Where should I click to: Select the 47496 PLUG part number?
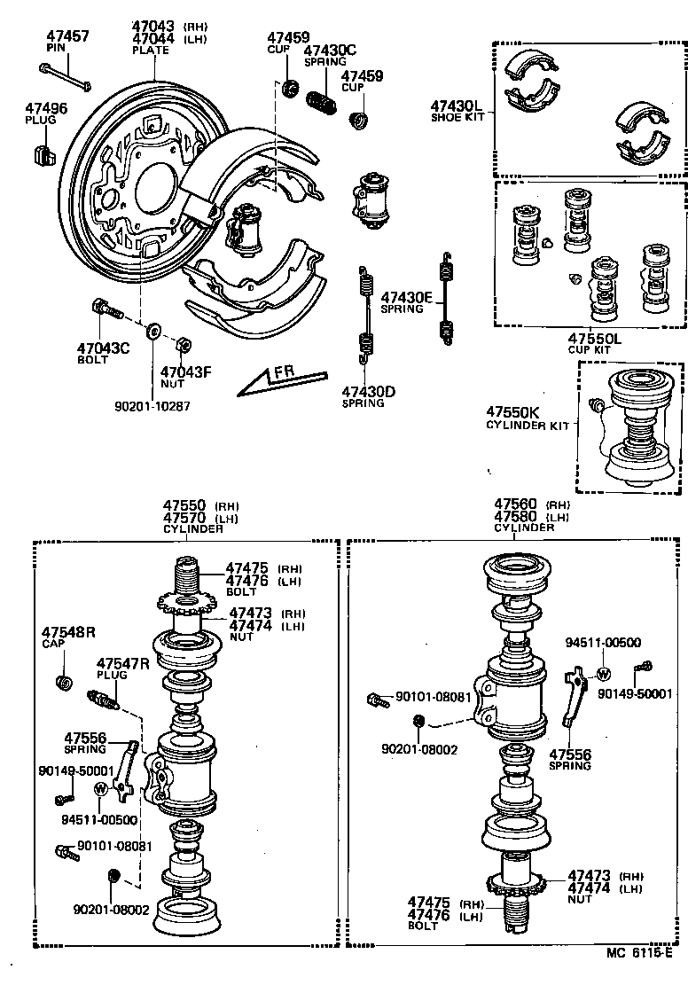46,108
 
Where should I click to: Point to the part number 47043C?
104,348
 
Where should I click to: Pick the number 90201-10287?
152,406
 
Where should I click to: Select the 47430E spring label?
405,298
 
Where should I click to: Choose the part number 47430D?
369,391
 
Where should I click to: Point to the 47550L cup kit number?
594,339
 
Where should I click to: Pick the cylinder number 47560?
515,504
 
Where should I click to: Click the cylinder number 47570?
184,517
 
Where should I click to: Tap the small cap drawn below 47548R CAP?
64,682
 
